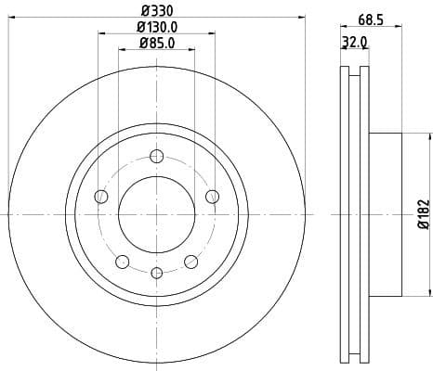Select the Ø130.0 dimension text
[157, 27]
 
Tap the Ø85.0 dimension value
[157, 43]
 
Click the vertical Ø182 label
[422, 214]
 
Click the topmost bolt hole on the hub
[156, 155]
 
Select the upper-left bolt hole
[101, 196]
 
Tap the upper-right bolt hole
[212, 196]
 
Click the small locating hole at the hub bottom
[156, 272]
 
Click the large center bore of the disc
[156, 213]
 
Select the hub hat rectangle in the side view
[386, 213]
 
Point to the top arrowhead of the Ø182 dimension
[408, 135]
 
